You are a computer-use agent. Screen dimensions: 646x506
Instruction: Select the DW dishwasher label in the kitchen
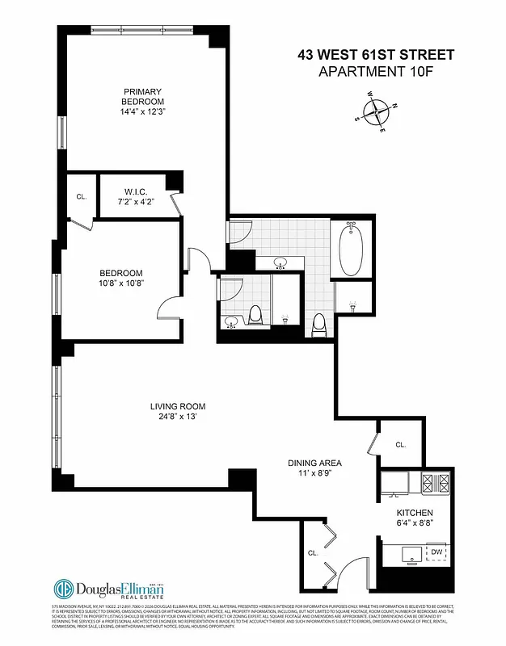click(436, 552)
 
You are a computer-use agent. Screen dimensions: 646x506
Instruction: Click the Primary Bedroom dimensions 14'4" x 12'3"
click(143, 113)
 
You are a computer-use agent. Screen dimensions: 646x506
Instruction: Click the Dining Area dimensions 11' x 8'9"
click(315, 476)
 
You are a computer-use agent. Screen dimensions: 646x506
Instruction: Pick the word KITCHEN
click(415, 513)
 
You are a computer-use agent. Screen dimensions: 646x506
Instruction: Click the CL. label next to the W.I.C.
click(82, 196)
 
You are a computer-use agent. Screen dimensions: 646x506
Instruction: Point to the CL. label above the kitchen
click(401, 444)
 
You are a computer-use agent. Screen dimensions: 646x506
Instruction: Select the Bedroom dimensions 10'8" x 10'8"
click(121, 283)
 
